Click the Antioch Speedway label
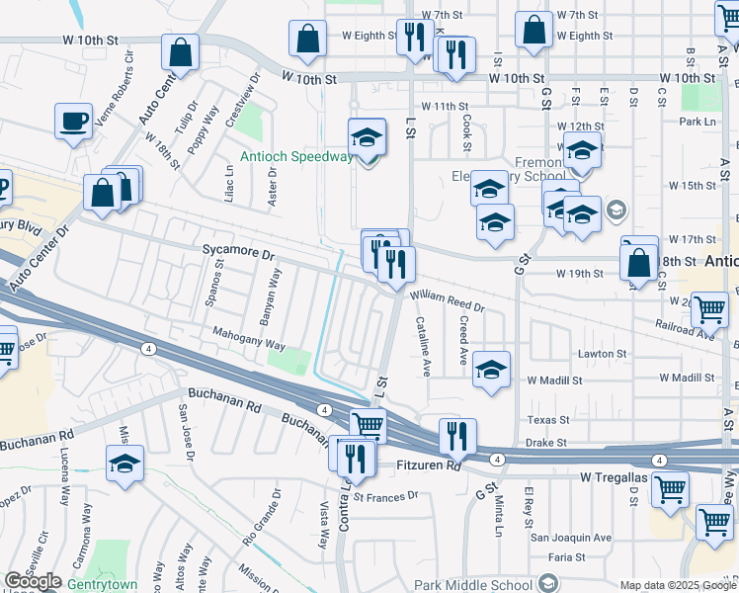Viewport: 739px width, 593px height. [295, 156]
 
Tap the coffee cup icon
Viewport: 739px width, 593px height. [72, 122]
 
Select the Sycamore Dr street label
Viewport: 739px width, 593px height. [238, 253]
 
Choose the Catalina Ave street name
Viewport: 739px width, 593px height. [422, 347]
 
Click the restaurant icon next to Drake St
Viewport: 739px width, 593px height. [457, 436]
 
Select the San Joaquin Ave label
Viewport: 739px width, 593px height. [571, 538]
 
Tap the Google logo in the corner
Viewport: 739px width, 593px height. [32, 581]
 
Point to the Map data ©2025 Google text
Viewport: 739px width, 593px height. [677, 585]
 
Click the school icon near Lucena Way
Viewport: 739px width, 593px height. [124, 464]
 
